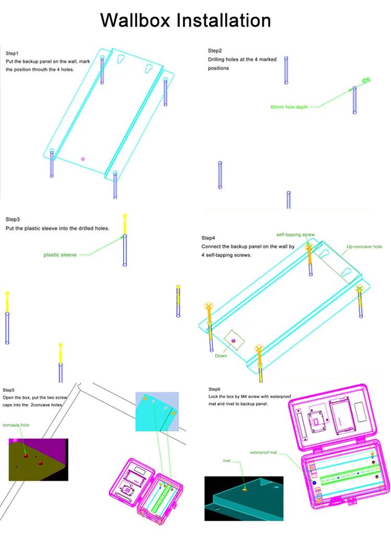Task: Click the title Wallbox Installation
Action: [186, 20]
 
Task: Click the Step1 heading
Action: [12, 53]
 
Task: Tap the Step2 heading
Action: [215, 51]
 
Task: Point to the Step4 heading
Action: [208, 238]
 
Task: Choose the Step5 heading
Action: [9, 390]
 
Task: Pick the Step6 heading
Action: [214, 389]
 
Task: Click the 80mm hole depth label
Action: [289, 107]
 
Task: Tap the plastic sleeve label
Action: [60, 255]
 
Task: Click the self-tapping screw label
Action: [295, 235]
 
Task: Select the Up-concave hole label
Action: [364, 247]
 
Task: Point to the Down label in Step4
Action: [221, 356]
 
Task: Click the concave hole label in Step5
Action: [16, 425]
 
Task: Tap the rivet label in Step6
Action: [226, 461]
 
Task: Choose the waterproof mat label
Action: [265, 453]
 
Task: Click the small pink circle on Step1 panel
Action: [82, 158]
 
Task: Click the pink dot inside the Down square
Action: [233, 341]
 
